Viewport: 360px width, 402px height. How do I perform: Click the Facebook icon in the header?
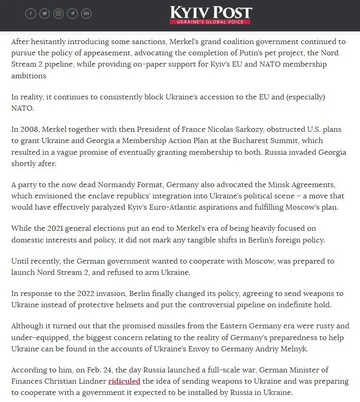click(x=30, y=14)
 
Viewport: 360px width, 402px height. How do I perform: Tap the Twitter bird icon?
click(x=45, y=14)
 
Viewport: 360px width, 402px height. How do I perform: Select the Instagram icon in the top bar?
click(x=59, y=14)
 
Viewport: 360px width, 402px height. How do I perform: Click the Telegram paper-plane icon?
click(x=73, y=14)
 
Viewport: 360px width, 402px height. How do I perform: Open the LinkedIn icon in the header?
click(x=87, y=14)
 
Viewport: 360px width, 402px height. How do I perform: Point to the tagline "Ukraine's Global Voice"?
click(x=210, y=22)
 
